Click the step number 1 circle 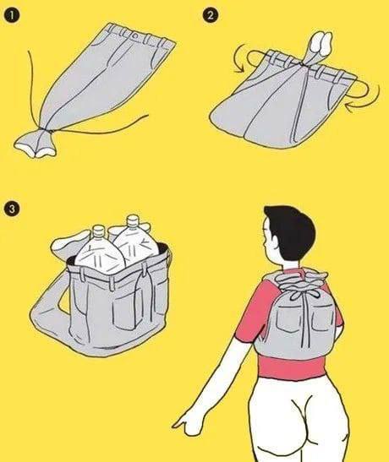12,15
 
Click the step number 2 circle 211,15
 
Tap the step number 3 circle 12,209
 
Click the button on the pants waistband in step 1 136,36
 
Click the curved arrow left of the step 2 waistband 244,58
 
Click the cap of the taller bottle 133,220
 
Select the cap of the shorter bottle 98,231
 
